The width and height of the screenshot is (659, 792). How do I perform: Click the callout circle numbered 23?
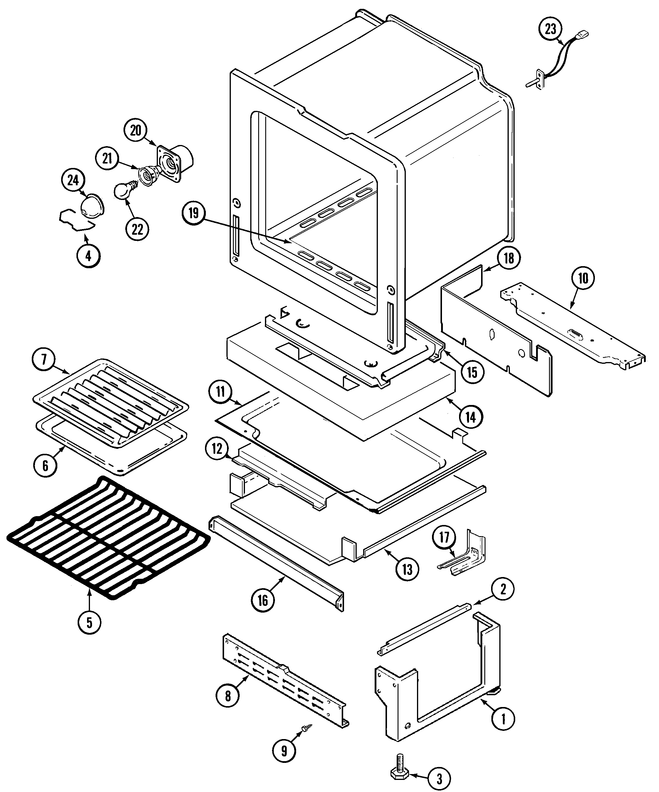pyautogui.click(x=550, y=29)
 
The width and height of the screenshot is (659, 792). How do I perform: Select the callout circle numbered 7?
pyautogui.click(x=44, y=359)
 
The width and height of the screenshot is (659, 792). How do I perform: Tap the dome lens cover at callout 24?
pyautogui.click(x=92, y=207)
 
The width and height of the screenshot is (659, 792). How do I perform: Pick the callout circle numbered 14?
pyautogui.click(x=471, y=417)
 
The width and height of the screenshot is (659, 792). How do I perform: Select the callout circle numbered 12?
pyautogui.click(x=217, y=449)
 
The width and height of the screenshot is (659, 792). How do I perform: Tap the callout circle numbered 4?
pyautogui.click(x=88, y=256)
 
